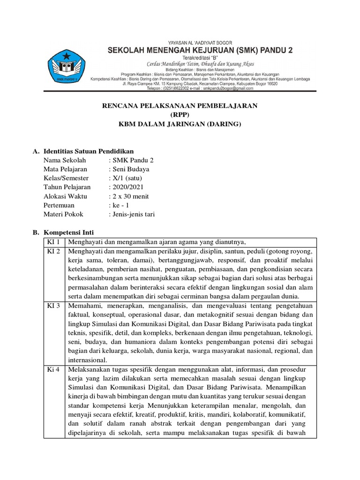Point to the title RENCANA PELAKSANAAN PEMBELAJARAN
point(180,106)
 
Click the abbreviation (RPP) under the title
point(180,115)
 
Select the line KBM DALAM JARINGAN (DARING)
point(180,124)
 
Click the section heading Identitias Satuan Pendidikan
point(89,151)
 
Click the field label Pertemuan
point(59,205)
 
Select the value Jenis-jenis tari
point(133,214)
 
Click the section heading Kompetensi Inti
point(72,232)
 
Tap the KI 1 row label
point(54,242)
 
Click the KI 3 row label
point(54,306)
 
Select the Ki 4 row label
point(53,369)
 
